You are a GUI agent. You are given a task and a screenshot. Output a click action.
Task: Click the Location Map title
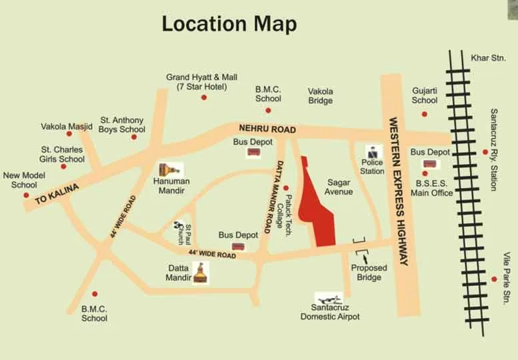point(229,24)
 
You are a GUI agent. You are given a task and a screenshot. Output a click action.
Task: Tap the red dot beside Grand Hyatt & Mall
point(204,97)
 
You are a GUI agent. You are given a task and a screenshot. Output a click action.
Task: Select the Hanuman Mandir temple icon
point(170,169)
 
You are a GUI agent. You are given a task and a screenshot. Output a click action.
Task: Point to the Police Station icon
point(371,152)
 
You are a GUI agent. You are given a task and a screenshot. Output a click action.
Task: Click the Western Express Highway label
point(398,191)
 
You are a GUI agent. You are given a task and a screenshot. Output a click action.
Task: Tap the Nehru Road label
point(262,128)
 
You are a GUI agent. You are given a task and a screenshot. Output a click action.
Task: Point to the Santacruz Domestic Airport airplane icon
point(329,298)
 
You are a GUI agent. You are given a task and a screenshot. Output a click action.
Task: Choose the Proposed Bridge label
point(369,273)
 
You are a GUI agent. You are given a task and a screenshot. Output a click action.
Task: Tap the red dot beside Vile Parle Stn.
point(494,279)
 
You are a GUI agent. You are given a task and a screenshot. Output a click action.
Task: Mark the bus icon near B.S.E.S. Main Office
point(429,164)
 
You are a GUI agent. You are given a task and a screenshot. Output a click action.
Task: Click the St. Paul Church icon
point(178,228)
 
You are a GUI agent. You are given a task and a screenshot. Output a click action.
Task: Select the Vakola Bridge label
point(320,96)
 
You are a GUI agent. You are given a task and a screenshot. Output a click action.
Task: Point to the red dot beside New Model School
point(27,195)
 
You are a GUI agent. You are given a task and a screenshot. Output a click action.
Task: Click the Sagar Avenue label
point(339,187)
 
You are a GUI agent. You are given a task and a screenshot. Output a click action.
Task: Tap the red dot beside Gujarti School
point(424,114)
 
